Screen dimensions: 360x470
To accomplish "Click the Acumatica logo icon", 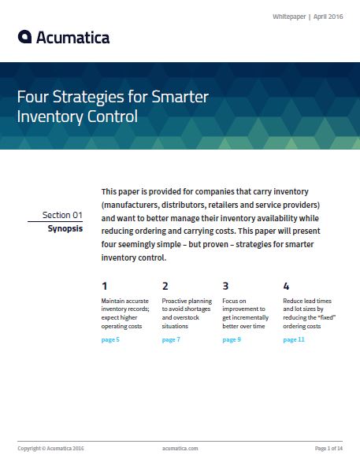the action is coord(24,37).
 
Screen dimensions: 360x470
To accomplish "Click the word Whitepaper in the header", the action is coord(289,17).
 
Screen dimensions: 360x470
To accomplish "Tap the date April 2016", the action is coord(328,17).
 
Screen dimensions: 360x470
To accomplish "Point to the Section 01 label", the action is coord(62,215).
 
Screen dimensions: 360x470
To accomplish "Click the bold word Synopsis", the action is coord(65,229).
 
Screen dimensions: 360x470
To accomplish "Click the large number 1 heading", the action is coord(105,287).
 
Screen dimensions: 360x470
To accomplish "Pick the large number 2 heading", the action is coord(165,287).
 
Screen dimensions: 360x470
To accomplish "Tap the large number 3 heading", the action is coord(225,287).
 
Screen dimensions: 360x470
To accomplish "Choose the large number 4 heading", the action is coord(286,287).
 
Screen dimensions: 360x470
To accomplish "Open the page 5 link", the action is coord(110,339).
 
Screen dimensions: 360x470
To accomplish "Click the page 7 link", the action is coord(171,339).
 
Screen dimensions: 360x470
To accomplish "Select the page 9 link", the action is coord(232,339).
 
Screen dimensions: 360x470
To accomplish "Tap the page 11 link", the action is coord(294,339).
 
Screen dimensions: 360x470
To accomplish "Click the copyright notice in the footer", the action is coord(50,449).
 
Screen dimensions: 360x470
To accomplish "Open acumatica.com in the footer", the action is coord(180,449).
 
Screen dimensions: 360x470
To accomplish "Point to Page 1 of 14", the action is coord(328,449).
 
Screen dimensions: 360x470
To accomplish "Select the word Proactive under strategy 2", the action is coord(174,301).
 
